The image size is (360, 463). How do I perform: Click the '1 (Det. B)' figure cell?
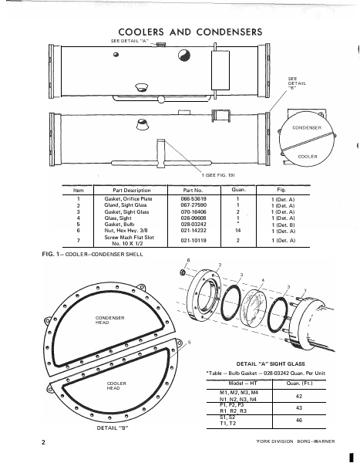(x=280, y=224)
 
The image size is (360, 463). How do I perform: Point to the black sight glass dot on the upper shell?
(x=187, y=56)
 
